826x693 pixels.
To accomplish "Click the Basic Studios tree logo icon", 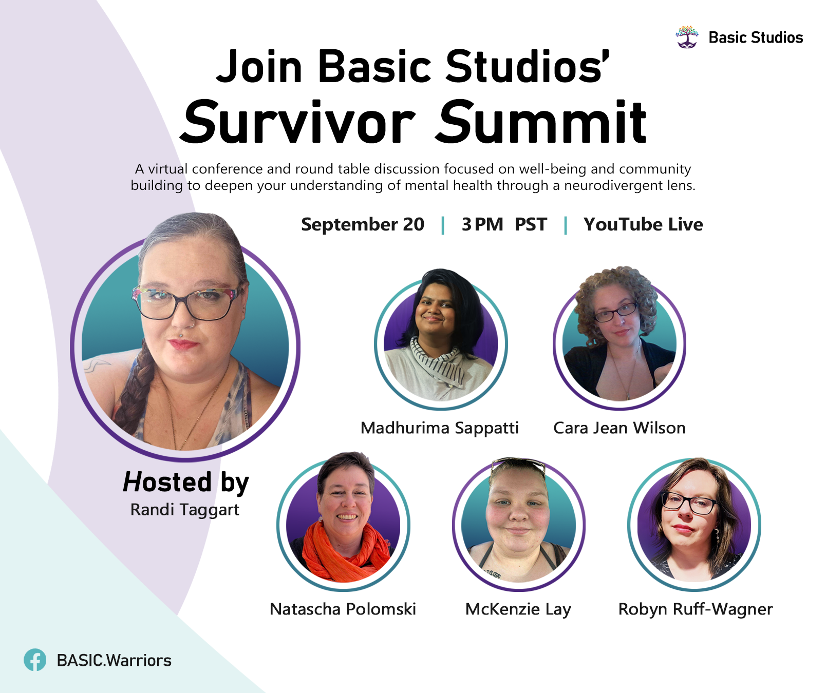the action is (x=687, y=37).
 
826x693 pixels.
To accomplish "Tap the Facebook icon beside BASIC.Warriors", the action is (x=35, y=660).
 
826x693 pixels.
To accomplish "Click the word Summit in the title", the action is (x=541, y=122).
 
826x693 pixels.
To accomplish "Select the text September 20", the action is (x=363, y=224).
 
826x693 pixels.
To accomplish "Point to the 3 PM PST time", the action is (x=504, y=224).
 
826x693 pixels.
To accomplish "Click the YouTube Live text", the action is (x=643, y=224).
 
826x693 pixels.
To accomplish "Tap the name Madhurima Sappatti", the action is (x=440, y=428).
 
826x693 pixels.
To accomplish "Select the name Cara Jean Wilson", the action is (x=619, y=428).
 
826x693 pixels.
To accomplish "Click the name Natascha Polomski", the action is (x=343, y=609).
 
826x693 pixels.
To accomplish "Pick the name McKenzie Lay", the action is (x=518, y=609).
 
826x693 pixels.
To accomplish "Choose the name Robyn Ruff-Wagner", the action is (x=696, y=609).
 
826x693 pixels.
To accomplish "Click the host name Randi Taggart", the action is (x=185, y=510).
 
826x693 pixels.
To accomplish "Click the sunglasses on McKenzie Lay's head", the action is (x=517, y=466).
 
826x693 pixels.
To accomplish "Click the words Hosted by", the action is (x=186, y=482).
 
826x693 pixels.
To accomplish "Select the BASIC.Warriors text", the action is (x=114, y=660).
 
